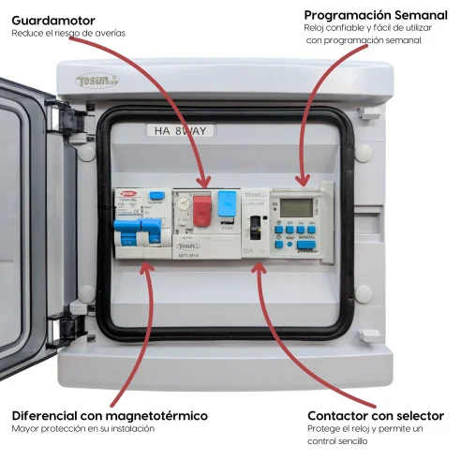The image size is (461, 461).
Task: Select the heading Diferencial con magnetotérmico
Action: point(110,415)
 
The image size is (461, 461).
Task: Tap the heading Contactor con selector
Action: point(376,415)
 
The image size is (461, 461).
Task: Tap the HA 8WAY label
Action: point(184,131)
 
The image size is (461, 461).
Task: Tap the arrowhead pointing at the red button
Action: point(201,185)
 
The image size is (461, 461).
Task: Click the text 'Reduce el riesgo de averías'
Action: point(67,34)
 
